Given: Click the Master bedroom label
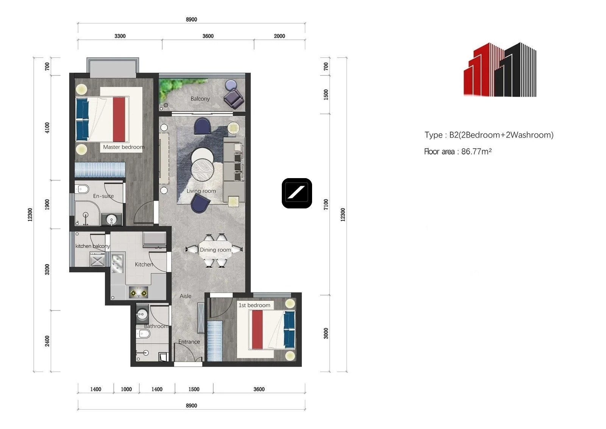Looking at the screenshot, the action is [x=123, y=147].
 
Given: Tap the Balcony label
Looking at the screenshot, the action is [x=200, y=99].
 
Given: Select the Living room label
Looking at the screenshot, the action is [x=201, y=191].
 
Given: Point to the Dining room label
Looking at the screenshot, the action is [x=216, y=249].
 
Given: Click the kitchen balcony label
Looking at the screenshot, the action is [x=92, y=246].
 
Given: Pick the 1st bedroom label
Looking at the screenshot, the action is [x=254, y=305].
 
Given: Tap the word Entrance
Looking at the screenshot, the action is [x=189, y=342].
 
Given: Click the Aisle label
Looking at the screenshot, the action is [x=186, y=296].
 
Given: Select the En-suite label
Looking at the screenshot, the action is [x=103, y=196].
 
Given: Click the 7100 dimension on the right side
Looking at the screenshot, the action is [x=326, y=204].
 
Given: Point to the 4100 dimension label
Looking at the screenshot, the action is [x=47, y=128].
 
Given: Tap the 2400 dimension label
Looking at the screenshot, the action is [x=47, y=341].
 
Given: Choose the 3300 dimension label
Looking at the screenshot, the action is [x=120, y=36].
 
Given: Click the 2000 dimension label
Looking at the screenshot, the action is [x=280, y=36].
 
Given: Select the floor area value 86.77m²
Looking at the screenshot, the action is [x=476, y=151].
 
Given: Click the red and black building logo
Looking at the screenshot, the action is [x=500, y=70].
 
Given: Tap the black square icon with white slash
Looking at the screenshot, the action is [x=297, y=193].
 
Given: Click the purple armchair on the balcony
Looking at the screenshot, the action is [x=234, y=99].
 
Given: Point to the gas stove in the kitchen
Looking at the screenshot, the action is [x=138, y=293].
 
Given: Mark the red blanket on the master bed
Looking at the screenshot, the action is [x=119, y=119].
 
